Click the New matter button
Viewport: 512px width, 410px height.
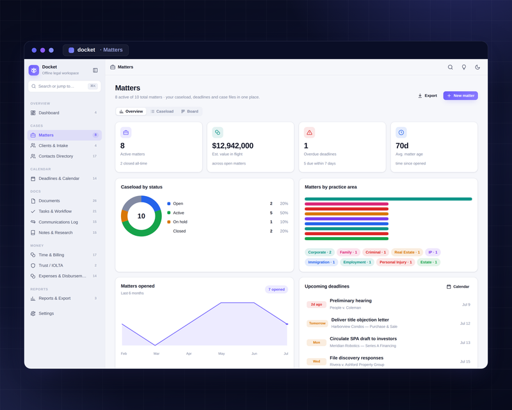coord(460,95)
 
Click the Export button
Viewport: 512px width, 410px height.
coord(428,95)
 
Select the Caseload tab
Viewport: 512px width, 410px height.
coord(162,111)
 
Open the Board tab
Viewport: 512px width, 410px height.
coord(189,111)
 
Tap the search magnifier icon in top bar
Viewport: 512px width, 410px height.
coord(451,67)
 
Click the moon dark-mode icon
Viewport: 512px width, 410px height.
coord(477,67)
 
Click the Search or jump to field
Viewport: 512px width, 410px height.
coord(65,86)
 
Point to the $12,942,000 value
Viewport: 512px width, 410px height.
coord(232,145)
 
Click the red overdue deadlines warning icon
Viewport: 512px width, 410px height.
coord(309,133)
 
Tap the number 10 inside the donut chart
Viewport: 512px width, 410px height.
coord(141,216)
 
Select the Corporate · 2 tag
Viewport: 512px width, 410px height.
coord(319,252)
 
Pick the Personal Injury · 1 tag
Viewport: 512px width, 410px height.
coord(396,262)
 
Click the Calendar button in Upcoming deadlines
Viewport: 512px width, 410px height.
coord(458,287)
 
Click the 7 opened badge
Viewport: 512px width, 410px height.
coord(276,290)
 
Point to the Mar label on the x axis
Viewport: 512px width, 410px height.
coord(156,354)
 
